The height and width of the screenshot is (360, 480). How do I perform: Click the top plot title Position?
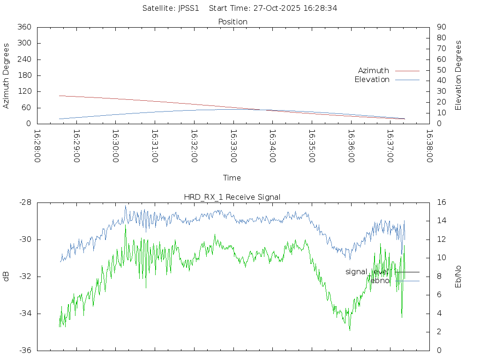point(233,22)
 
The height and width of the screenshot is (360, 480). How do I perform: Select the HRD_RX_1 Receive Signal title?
point(232,197)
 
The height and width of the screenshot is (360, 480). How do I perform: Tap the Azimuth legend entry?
point(374,70)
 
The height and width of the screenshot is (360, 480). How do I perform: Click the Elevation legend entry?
point(372,80)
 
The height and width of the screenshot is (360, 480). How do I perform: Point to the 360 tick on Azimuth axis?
point(24,27)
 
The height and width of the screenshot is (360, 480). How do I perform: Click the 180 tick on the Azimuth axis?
point(24,75)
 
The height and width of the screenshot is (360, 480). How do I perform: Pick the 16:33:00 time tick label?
point(233,146)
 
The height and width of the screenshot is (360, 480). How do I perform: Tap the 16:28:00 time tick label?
point(37,146)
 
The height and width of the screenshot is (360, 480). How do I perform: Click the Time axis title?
point(232,178)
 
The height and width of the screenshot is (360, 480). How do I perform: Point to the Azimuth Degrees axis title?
point(7,75)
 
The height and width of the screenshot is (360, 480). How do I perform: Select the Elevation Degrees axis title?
point(458,75)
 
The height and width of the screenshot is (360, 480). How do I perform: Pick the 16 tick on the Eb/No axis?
point(441,202)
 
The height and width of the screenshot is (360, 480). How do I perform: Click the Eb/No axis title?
point(458,277)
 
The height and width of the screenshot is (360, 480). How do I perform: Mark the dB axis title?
point(7,277)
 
